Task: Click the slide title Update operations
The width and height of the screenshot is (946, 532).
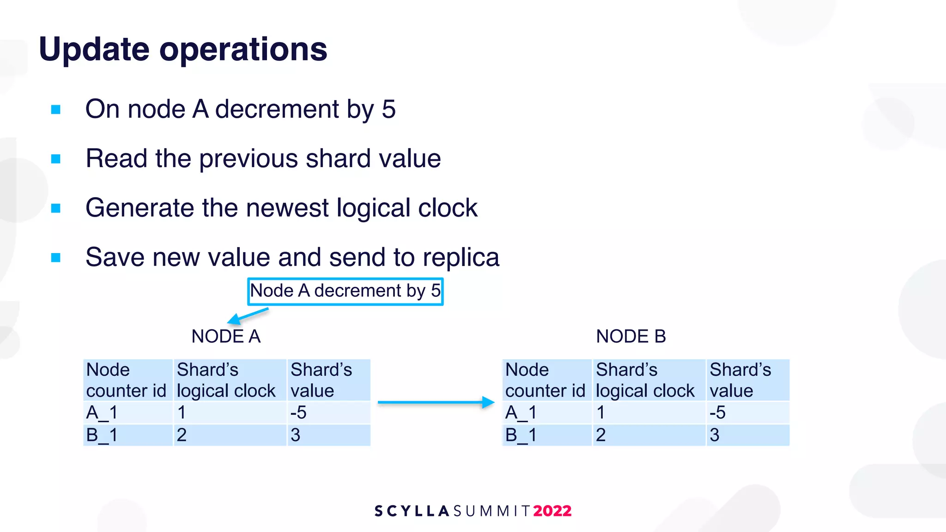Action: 183,49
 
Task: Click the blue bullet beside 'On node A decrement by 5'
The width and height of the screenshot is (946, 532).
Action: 56,110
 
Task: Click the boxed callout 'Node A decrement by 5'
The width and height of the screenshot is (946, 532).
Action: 345,291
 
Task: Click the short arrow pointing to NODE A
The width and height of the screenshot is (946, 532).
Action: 248,316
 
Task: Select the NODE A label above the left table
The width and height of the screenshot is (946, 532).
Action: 226,336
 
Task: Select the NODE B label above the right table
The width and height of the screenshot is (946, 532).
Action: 631,336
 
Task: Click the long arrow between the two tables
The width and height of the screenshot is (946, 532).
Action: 436,402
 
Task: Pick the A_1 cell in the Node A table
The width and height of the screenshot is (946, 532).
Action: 128,412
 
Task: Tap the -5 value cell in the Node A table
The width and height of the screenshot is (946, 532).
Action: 328,412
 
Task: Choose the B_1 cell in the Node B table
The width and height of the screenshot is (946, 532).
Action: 547,435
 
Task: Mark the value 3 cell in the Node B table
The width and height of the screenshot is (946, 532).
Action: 747,435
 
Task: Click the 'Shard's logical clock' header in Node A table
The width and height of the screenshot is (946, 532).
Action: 230,380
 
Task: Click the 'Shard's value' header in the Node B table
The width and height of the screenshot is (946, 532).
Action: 747,380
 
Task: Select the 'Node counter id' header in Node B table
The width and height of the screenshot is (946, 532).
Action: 547,380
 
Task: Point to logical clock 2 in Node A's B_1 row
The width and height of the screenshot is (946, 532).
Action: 230,435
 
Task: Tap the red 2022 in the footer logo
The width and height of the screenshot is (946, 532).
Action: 552,511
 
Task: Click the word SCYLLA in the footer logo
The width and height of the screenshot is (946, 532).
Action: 412,511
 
